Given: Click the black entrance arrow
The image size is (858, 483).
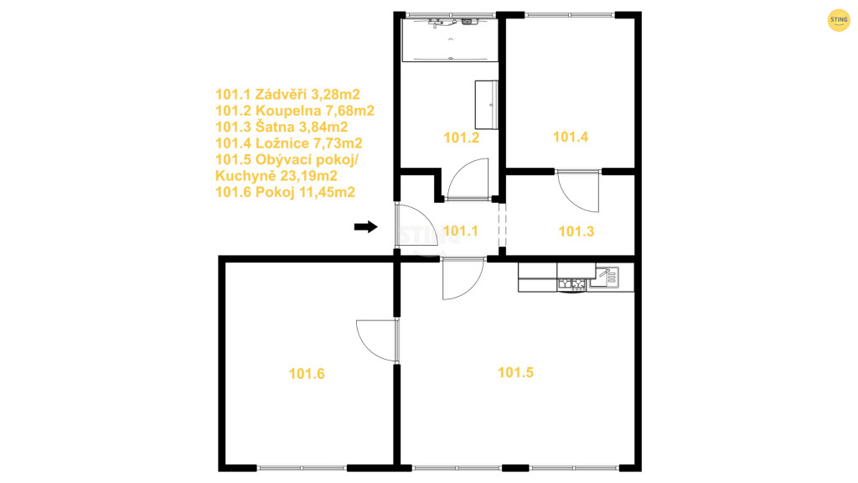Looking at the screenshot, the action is pos(365,226).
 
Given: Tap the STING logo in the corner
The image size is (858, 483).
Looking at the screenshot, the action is pos(838,20).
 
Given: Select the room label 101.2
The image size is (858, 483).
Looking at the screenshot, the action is pos(462,138).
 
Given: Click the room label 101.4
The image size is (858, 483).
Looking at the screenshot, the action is pos(571,137).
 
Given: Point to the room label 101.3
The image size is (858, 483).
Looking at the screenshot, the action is pos(576,231).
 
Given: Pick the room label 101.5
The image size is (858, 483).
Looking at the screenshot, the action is pos(515,372).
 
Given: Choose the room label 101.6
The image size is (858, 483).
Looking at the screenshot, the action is pos(307,373).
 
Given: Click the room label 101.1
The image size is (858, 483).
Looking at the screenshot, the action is pos(461,231).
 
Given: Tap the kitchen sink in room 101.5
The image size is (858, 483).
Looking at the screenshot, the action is pos(607,277).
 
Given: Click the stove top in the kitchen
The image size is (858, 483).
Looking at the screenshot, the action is pos(571,283).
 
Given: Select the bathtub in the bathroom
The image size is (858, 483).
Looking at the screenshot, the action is pos(450,40).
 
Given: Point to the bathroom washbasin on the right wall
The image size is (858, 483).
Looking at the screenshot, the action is pos(486,105).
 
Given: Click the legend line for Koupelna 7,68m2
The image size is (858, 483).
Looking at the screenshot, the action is pos(295,111).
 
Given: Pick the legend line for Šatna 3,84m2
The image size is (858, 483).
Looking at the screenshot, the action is pos(282,127).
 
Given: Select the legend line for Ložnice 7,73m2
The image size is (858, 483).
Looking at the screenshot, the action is pos(289,143).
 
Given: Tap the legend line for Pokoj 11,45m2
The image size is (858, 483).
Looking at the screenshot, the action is pos(285,192).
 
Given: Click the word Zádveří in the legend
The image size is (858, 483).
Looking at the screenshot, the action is pos(281,94).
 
